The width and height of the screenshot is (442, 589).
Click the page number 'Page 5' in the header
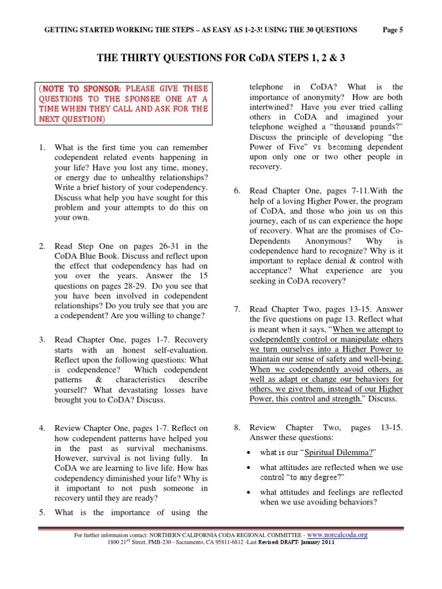(x=393, y=30)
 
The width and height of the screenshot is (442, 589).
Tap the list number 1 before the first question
(x=41, y=148)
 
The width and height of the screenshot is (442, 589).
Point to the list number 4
(x=41, y=428)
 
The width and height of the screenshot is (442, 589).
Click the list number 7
(x=237, y=309)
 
